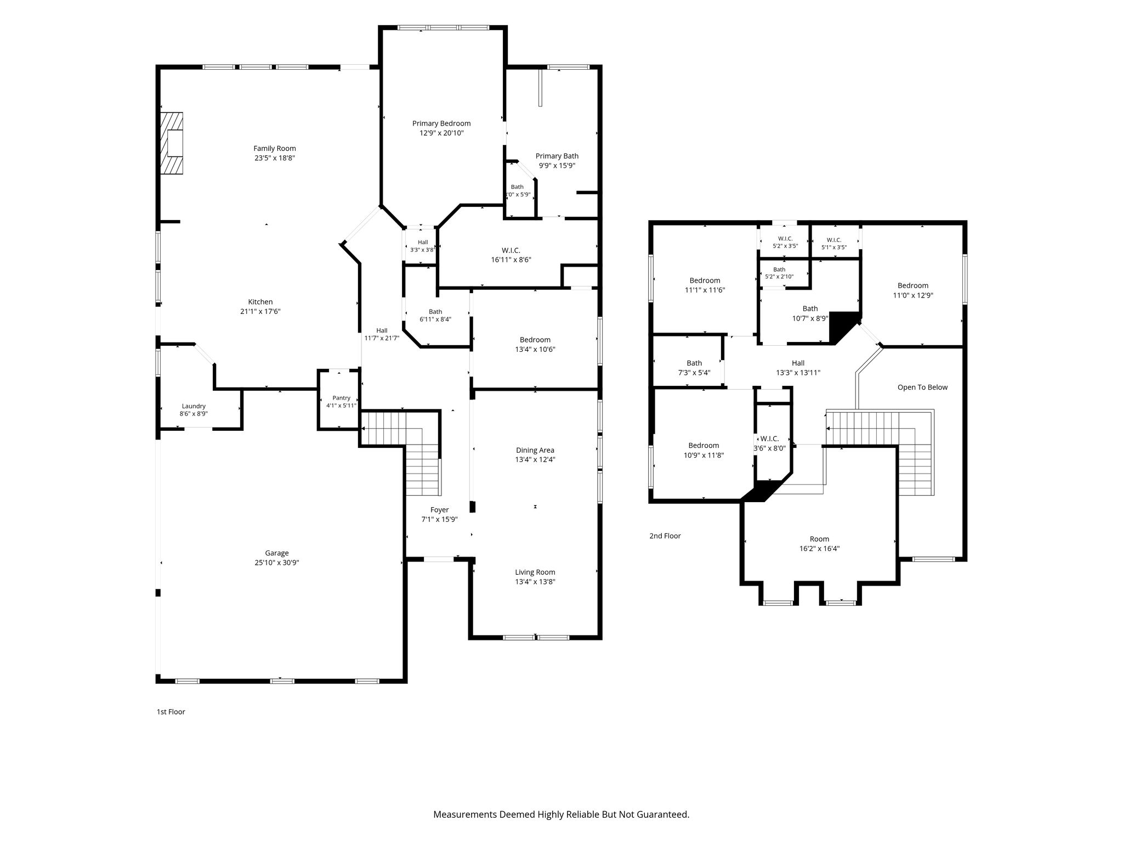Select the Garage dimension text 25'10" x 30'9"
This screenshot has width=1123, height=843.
click(x=276, y=563)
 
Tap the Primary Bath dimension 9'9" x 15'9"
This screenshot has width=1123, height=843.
click(x=557, y=165)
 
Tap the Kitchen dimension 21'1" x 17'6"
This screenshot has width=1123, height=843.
click(x=260, y=311)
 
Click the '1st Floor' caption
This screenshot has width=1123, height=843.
click(x=171, y=712)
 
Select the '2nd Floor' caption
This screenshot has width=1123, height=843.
click(x=665, y=536)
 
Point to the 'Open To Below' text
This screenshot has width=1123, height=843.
click(x=922, y=387)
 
